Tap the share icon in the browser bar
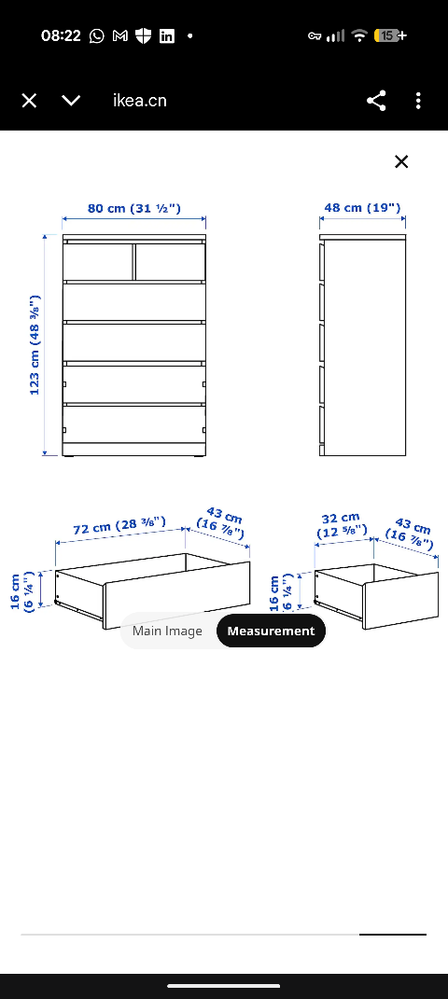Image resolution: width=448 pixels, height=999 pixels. click(x=376, y=101)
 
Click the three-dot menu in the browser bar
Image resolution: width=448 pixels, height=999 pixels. click(x=418, y=101)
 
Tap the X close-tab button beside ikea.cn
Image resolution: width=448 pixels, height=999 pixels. click(x=29, y=101)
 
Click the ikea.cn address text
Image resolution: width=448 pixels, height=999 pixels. click(x=140, y=101)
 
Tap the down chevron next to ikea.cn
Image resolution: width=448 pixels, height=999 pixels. click(x=71, y=101)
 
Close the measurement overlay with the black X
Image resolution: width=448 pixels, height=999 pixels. click(x=401, y=161)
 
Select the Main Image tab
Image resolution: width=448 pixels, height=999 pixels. click(x=167, y=631)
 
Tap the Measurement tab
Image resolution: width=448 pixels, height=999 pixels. click(x=271, y=631)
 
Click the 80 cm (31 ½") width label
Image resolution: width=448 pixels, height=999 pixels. click(x=134, y=208)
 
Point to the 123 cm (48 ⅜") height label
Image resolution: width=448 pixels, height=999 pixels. click(x=35, y=345)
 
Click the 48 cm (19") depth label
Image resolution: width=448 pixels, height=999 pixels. click(x=362, y=208)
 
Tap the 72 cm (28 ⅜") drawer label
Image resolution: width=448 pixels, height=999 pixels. click(x=119, y=527)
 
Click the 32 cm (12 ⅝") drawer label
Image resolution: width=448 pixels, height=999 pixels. click(x=341, y=524)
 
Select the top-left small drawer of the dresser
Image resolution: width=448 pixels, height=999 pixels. click(x=98, y=261)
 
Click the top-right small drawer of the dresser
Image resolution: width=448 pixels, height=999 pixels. click(x=170, y=261)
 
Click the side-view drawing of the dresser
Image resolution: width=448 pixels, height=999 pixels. click(x=363, y=346)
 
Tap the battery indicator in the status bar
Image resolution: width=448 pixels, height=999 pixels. click(x=389, y=35)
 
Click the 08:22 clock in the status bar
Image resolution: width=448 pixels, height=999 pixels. click(x=61, y=35)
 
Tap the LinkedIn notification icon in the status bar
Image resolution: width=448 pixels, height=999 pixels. click(x=167, y=35)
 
